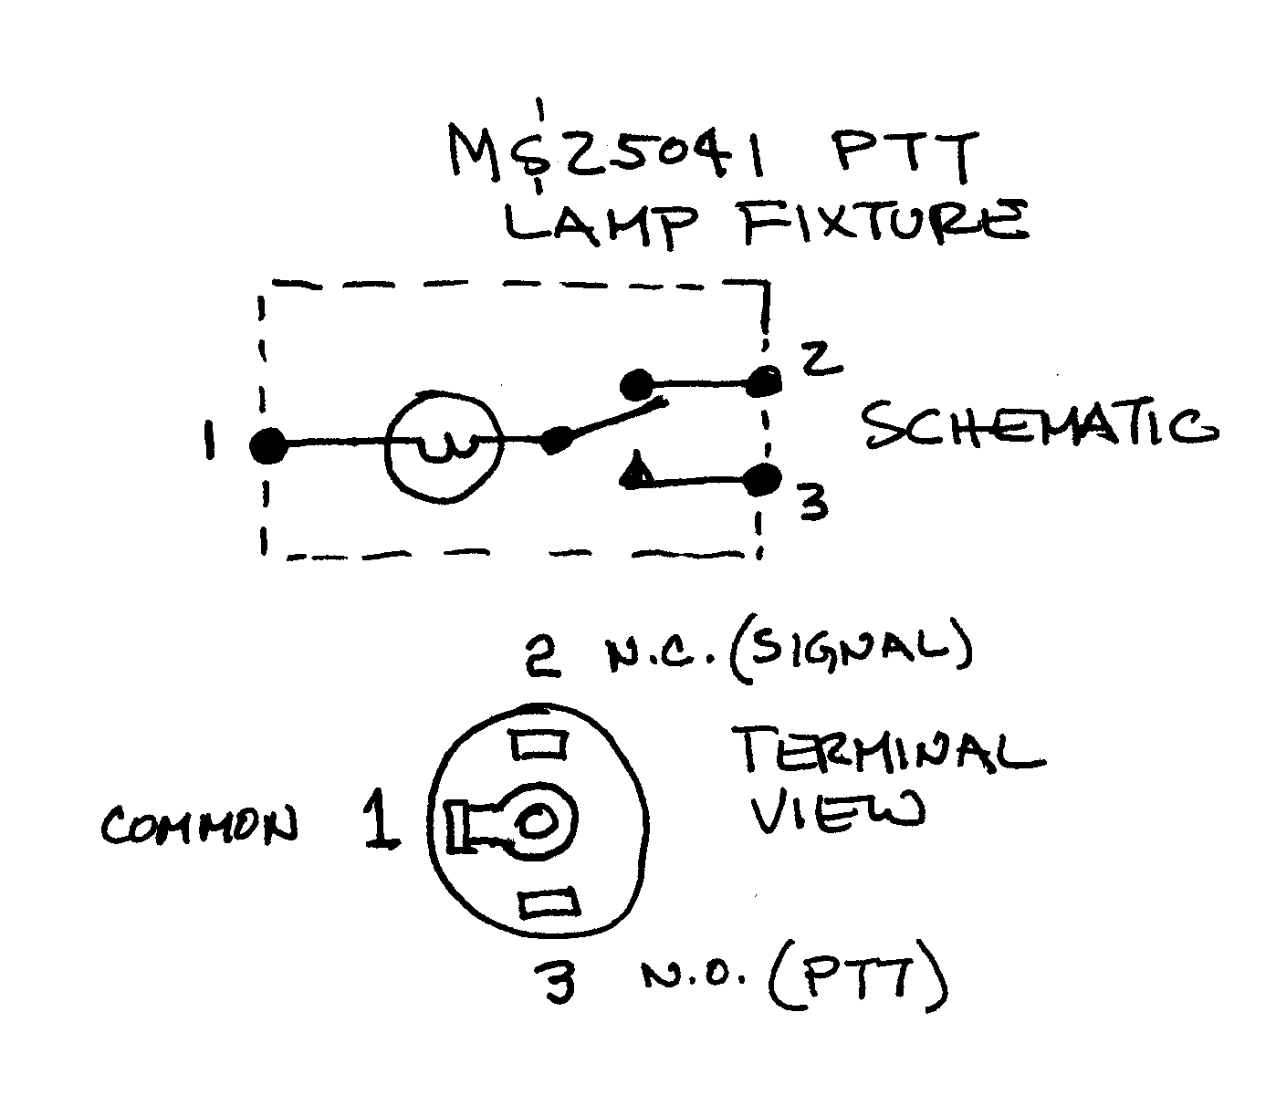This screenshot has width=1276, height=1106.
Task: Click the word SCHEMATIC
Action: coord(1041,427)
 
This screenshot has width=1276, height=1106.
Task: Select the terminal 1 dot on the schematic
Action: coord(268,445)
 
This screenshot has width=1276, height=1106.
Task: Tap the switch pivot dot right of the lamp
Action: coord(555,442)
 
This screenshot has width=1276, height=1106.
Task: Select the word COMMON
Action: coord(199,827)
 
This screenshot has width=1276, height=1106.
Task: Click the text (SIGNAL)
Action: coord(849,649)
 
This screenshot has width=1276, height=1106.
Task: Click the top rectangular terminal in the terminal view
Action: coord(539,746)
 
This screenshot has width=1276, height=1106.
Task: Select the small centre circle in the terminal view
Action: coord(537,822)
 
